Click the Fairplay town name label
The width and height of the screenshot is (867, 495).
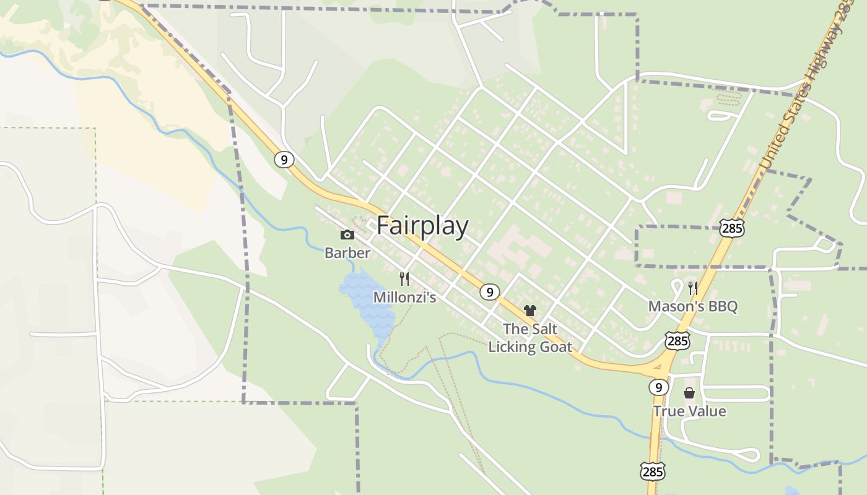click(x=422, y=226)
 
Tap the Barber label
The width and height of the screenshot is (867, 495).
click(x=347, y=252)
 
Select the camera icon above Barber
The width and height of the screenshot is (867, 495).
click(x=347, y=235)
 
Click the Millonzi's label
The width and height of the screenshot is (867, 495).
click(x=404, y=298)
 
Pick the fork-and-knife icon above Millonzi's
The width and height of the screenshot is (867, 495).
click(x=404, y=279)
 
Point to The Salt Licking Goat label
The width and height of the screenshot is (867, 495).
click(x=530, y=338)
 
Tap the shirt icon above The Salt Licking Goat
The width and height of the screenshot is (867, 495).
click(x=530, y=310)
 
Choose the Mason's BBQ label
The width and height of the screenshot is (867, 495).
click(x=693, y=306)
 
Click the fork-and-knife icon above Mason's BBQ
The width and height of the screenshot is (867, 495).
click(x=693, y=288)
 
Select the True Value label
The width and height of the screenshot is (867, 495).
click(x=689, y=411)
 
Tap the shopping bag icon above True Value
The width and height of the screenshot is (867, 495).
click(x=689, y=393)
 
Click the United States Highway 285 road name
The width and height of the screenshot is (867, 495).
click(x=805, y=87)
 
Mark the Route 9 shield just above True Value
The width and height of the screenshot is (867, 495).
click(x=659, y=387)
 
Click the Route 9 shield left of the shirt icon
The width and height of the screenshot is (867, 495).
click(x=489, y=292)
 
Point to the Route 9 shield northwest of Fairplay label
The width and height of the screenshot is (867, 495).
click(x=284, y=160)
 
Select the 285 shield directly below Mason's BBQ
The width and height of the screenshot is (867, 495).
click(x=677, y=340)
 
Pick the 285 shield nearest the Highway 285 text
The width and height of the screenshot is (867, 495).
click(x=732, y=228)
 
